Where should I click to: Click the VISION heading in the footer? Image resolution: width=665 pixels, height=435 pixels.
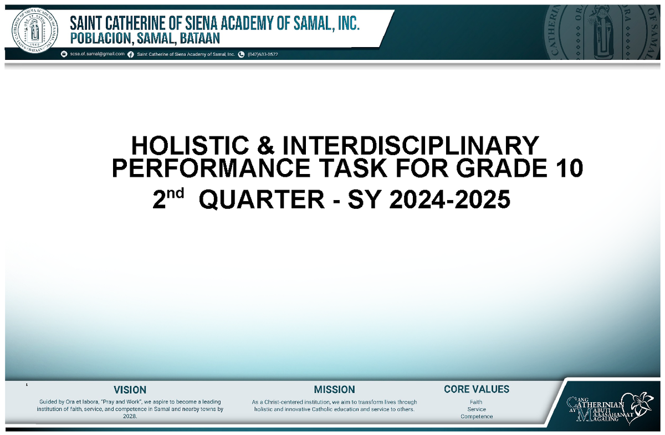pos(130,390)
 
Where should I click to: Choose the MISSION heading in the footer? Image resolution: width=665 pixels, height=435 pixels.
pos(334,390)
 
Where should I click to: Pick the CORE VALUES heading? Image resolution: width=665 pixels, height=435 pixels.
pos(477,390)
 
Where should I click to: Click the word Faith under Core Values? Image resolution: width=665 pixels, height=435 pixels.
pos(476,402)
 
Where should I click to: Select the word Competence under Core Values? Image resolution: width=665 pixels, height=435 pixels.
pos(477,417)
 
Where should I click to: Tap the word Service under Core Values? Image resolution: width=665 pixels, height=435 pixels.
pos(477,410)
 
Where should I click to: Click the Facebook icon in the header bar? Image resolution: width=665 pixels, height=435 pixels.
pos(131,54)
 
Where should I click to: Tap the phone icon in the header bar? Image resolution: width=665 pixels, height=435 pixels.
pos(241,54)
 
